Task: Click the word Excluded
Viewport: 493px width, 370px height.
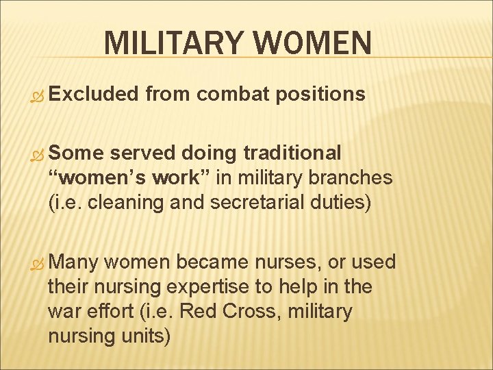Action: pos(92,94)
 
